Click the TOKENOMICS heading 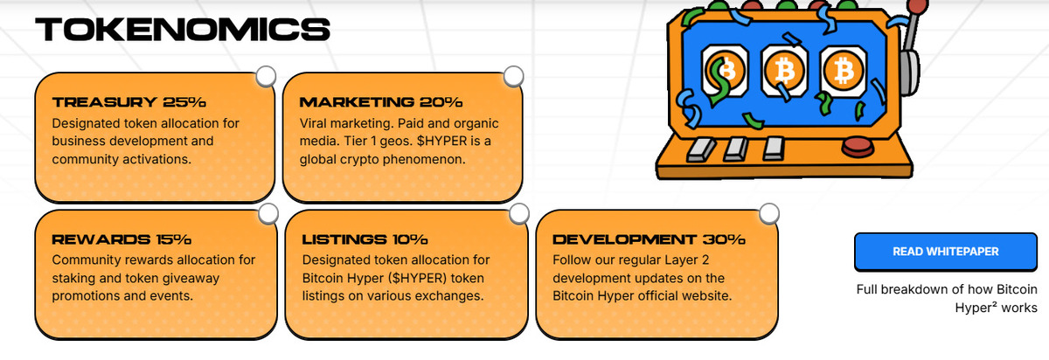point(183,29)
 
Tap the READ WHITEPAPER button point(946,252)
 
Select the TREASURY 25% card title point(129,102)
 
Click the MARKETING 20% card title point(381,102)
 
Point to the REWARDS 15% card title point(122,239)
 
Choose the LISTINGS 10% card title point(365,239)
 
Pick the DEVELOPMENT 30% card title point(649,239)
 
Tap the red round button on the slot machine point(858,147)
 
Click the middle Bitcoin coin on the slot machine point(785,71)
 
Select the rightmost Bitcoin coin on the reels point(844,71)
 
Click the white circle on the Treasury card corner point(266,76)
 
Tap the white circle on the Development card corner point(769,214)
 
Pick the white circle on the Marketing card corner point(513,76)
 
